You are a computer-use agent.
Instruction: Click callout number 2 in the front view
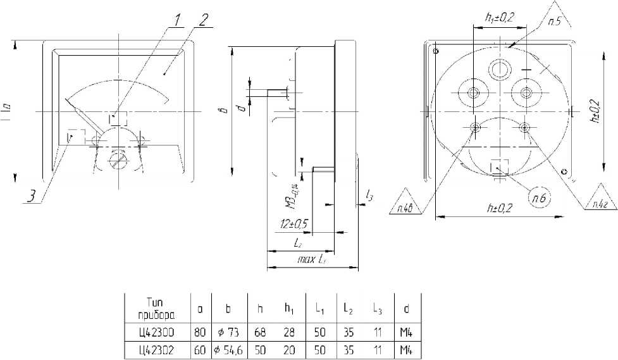[x=202, y=18]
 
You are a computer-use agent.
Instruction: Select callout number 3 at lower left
[x=30, y=197]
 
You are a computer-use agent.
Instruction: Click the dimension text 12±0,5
[x=294, y=224]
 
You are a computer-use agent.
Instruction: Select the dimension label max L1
[x=312, y=259]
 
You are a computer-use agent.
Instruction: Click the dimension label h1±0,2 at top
[x=500, y=19]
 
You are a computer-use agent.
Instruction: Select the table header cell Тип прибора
[x=155, y=309]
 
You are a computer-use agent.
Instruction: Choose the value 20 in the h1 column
[x=289, y=349]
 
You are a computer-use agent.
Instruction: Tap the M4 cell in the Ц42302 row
[x=407, y=349]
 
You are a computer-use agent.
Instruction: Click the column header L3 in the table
[x=377, y=309]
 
